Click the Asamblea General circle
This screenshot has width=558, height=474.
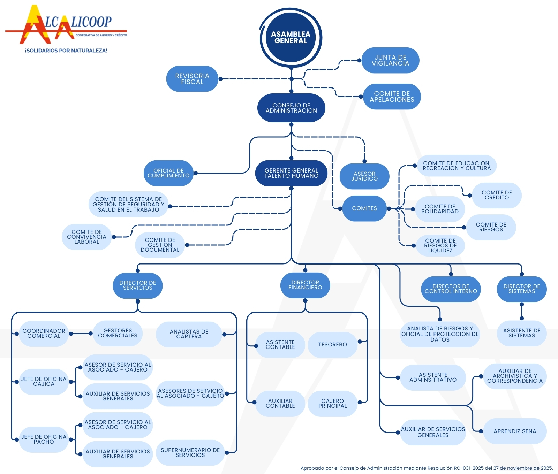(x=291, y=38)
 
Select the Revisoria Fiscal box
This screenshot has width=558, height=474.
(x=192, y=79)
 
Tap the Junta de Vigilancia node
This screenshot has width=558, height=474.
(x=390, y=60)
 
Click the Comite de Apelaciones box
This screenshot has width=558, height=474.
(x=392, y=97)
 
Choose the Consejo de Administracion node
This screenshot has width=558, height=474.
(x=291, y=108)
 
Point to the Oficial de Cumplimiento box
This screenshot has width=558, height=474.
(x=168, y=173)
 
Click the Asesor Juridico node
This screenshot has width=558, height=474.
(x=364, y=176)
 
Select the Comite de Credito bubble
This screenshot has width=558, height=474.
(x=497, y=195)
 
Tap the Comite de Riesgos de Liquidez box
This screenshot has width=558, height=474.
(x=440, y=245)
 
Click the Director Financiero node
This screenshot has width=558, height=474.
(x=305, y=285)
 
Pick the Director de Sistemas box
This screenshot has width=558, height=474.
(x=521, y=289)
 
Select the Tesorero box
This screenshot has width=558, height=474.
(x=332, y=345)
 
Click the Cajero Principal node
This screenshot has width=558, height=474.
(x=332, y=404)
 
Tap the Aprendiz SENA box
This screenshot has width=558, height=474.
(x=515, y=431)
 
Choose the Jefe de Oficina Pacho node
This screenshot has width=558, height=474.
(x=44, y=439)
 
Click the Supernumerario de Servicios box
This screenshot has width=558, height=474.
(x=190, y=453)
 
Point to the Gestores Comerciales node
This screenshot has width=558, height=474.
(x=118, y=333)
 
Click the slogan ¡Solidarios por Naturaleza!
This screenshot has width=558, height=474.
(x=66, y=51)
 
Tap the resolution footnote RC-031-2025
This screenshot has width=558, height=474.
(x=427, y=468)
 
